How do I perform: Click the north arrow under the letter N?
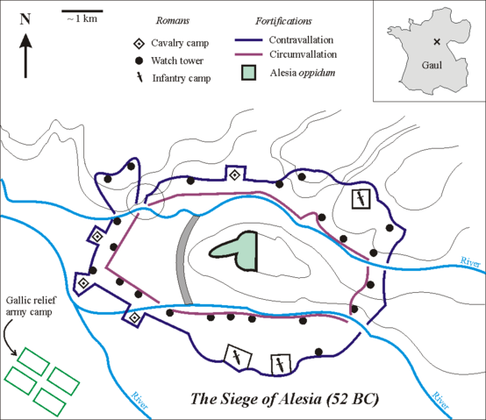26,53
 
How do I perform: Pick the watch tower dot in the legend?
138,61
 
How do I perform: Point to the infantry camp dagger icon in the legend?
138,78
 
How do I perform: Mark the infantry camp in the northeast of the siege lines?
360,199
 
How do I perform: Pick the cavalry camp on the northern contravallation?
234,176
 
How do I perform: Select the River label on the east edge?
469,262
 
